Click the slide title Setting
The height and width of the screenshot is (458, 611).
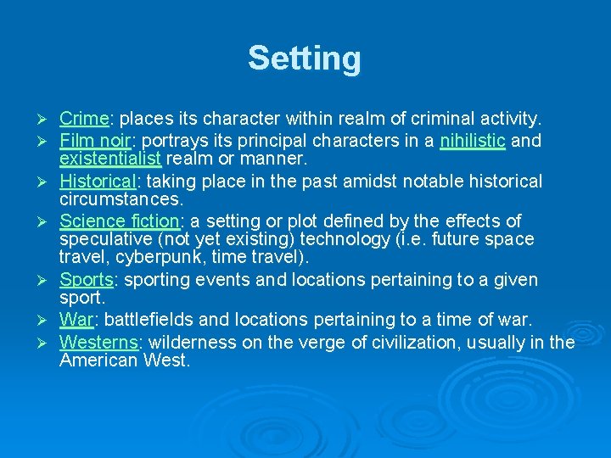[305, 59]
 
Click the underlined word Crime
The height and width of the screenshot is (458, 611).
[84, 119]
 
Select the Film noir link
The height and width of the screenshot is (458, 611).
[92, 140]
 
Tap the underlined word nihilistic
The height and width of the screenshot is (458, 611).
[473, 140]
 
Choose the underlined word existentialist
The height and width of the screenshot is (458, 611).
[110, 159]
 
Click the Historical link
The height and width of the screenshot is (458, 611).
[97, 181]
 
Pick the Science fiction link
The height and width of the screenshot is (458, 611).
[120, 221]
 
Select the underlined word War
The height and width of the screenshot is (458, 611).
[76, 320]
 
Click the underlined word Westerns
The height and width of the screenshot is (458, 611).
[99, 342]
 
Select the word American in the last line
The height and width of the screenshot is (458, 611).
[94, 360]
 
